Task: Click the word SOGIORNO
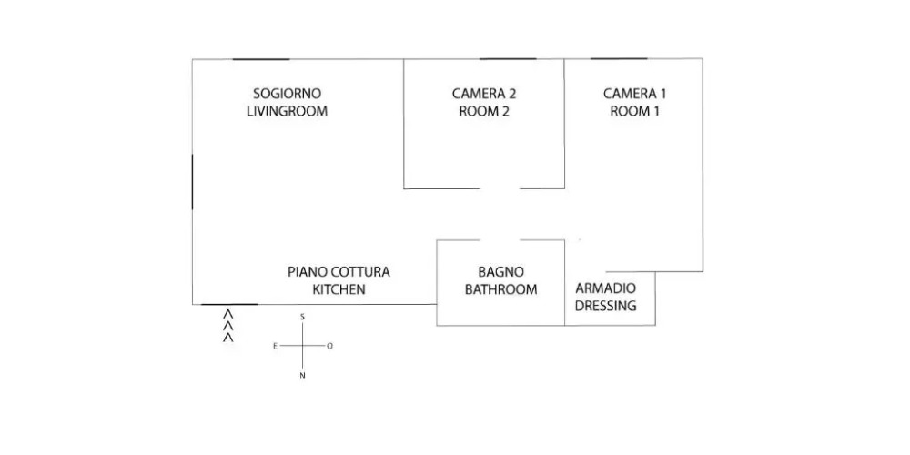(287, 93)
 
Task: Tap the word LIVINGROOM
(287, 111)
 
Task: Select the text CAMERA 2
(484, 93)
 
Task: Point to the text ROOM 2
(484, 111)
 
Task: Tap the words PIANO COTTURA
(339, 271)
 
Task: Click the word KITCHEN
(339, 289)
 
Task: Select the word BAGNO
(500, 271)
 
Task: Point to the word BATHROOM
(500, 289)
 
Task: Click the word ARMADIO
(606, 288)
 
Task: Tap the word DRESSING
(606, 306)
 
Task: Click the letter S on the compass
(303, 317)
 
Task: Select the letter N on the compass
(303, 376)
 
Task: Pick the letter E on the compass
(275, 346)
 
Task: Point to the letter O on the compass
(330, 346)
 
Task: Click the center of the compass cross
(303, 346)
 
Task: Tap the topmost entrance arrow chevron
(228, 314)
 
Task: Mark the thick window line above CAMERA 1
(619, 59)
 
